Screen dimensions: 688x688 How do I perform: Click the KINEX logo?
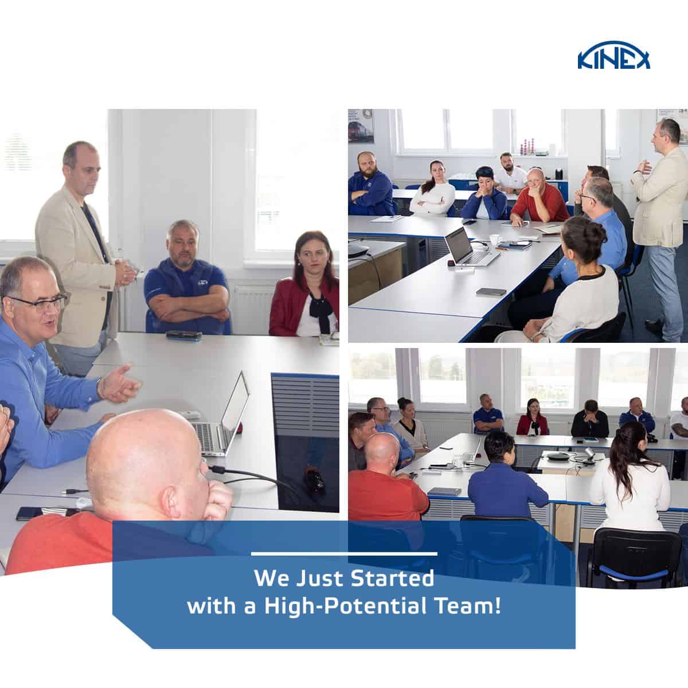(x=613, y=58)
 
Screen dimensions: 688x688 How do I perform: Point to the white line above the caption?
(x=344, y=554)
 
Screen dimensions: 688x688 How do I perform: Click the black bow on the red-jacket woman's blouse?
(x=316, y=304)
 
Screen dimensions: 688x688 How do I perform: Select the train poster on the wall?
(x=361, y=126)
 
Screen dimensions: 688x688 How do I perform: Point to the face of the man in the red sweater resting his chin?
(x=537, y=183)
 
